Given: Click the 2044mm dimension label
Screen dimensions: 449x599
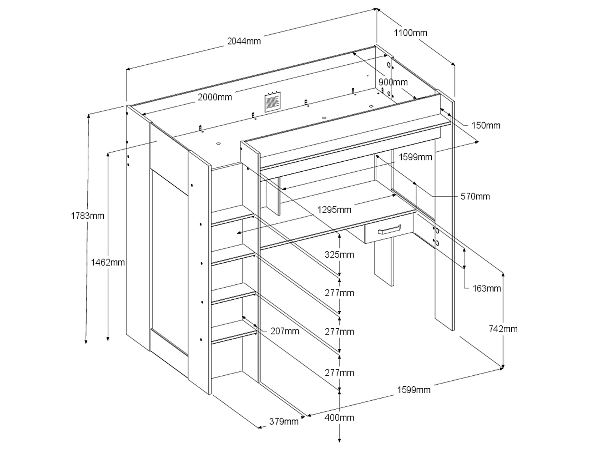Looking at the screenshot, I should click(244, 41).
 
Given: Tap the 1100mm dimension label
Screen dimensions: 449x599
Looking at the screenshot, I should click(410, 33).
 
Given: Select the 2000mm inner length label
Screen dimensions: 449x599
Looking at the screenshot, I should click(214, 98).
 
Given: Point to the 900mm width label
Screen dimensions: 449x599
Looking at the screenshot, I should click(393, 82).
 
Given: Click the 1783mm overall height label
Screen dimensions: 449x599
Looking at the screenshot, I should click(87, 216).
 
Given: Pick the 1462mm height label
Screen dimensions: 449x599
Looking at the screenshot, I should click(108, 262).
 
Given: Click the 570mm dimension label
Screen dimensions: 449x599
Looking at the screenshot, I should click(475, 197).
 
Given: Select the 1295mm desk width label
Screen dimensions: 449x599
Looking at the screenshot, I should click(334, 210).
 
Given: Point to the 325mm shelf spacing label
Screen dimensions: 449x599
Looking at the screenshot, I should click(339, 255).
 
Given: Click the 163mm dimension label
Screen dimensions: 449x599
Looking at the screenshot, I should click(486, 289).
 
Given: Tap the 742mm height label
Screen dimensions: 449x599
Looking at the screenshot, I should click(503, 329).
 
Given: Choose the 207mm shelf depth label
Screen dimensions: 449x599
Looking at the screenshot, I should click(285, 331).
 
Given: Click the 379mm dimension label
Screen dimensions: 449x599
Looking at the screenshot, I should click(284, 421).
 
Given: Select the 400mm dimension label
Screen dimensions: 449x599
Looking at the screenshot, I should click(339, 418).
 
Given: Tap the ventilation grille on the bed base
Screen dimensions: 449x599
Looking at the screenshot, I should click(273, 102).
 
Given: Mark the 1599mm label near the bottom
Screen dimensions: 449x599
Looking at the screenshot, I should click(414, 390).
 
